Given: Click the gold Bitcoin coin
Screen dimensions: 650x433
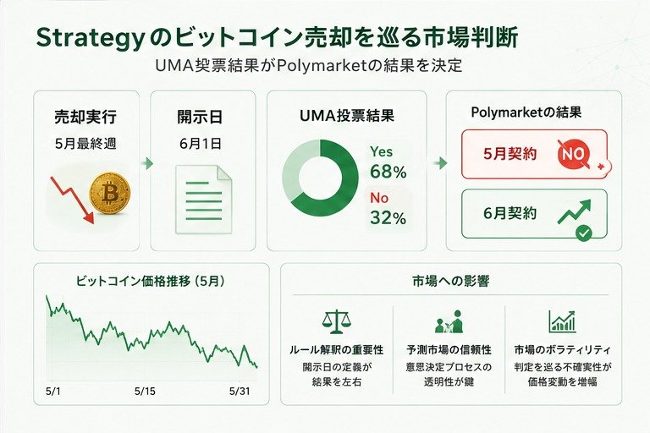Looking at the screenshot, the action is (x=109, y=193).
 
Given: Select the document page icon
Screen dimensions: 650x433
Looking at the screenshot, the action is (x=203, y=199).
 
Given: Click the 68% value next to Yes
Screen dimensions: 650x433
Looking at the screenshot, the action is (x=388, y=172).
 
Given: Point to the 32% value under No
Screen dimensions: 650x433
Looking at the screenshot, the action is (x=388, y=218).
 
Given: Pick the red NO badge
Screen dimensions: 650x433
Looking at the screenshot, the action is (x=573, y=155).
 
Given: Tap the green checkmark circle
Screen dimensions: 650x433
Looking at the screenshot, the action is (x=584, y=234).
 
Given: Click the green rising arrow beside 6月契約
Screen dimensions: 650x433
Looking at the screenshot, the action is (x=574, y=211).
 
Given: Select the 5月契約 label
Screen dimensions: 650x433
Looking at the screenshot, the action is (x=510, y=154).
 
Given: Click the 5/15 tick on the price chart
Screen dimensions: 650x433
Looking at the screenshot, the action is (x=145, y=391).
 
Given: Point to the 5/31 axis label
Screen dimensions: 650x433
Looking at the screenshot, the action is (x=240, y=391).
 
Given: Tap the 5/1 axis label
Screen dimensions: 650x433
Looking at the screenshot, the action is (x=52, y=391).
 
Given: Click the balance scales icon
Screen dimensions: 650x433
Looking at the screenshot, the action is (x=336, y=321).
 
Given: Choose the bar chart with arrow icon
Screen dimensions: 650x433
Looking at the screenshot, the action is (x=562, y=321).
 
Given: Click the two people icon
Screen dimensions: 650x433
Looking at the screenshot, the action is (x=449, y=321).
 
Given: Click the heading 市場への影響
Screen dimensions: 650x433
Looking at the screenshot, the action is (x=450, y=282).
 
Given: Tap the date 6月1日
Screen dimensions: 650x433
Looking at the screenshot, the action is (x=201, y=144).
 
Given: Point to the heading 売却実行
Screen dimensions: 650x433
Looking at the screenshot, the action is (x=85, y=118).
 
